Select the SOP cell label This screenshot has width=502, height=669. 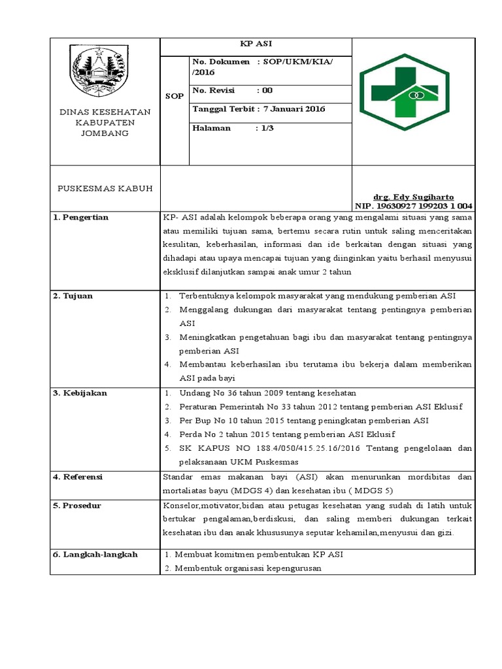coord(175,96)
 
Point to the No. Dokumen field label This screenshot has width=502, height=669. coord(221,61)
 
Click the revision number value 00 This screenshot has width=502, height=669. coord(267,90)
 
